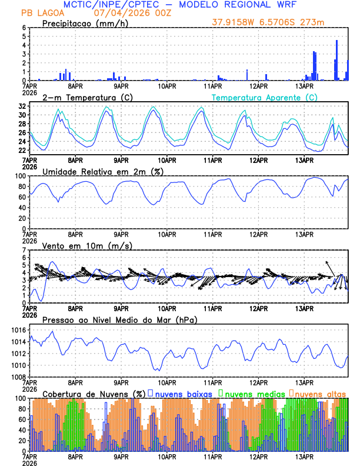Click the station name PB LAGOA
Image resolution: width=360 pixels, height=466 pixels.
coord(42,13)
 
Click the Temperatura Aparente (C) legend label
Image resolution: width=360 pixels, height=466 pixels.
coord(265,97)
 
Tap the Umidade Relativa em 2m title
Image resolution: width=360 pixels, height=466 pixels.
coord(102,171)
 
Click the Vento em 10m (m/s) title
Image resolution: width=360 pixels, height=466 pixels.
coord(88,245)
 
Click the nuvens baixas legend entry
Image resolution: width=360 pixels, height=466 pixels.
coord(179,394)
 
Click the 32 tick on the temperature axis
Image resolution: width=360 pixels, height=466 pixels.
coord(22,106)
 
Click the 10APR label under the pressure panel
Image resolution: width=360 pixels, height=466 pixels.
coord(167,382)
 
